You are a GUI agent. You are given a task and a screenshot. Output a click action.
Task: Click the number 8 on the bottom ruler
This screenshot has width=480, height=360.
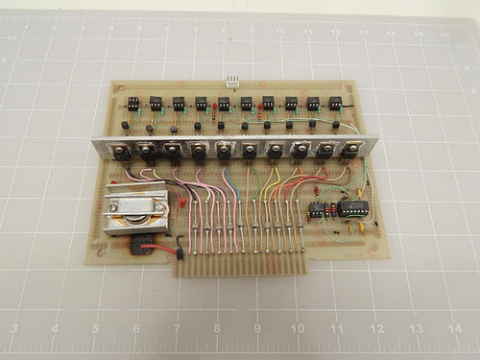click(218, 326)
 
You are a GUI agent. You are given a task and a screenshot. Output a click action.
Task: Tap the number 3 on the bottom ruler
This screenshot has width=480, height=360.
click(13, 328)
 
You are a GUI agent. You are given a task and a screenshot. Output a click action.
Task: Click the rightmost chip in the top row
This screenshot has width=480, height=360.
click(336, 103)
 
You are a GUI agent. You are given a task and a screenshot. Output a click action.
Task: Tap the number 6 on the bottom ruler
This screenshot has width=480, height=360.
click(135, 327)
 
